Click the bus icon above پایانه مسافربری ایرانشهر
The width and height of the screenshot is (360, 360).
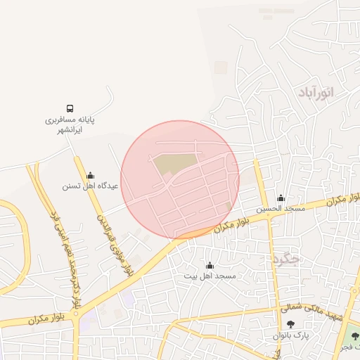[70, 108]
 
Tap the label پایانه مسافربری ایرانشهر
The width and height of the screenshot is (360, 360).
[70, 124]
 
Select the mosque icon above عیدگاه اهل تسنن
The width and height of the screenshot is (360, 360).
[89, 175]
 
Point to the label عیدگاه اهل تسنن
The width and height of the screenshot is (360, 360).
[90, 186]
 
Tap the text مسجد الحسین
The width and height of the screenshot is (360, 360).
[281, 209]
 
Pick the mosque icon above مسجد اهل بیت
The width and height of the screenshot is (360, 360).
[209, 265]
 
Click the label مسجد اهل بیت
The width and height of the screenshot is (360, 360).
[209, 276]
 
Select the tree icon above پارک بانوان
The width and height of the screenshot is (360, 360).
[290, 324]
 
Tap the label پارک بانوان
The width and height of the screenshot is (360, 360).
[291, 336]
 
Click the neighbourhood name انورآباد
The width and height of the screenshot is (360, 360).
[316, 92]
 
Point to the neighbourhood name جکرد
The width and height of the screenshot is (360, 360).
[284, 259]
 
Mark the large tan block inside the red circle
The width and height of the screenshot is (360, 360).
[172, 164]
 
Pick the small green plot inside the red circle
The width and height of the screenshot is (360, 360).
[229, 205]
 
